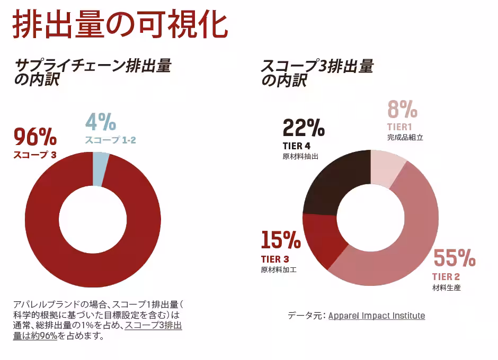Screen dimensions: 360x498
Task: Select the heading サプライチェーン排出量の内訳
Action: (x=93, y=73)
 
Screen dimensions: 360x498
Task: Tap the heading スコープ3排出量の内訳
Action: (x=317, y=73)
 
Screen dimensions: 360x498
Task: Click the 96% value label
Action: (x=35, y=137)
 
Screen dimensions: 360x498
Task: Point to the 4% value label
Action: (x=101, y=122)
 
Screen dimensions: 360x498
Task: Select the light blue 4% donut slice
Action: (x=100, y=168)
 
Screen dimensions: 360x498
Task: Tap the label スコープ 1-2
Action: (x=111, y=140)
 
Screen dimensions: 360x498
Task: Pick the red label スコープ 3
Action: (x=34, y=155)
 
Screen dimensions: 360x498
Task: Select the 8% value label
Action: (x=403, y=111)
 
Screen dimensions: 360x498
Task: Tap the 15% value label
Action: (x=281, y=241)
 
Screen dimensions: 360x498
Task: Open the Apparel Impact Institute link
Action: (x=376, y=316)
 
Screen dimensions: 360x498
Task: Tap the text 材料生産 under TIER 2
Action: (x=447, y=288)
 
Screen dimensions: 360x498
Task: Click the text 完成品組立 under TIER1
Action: (x=405, y=137)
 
